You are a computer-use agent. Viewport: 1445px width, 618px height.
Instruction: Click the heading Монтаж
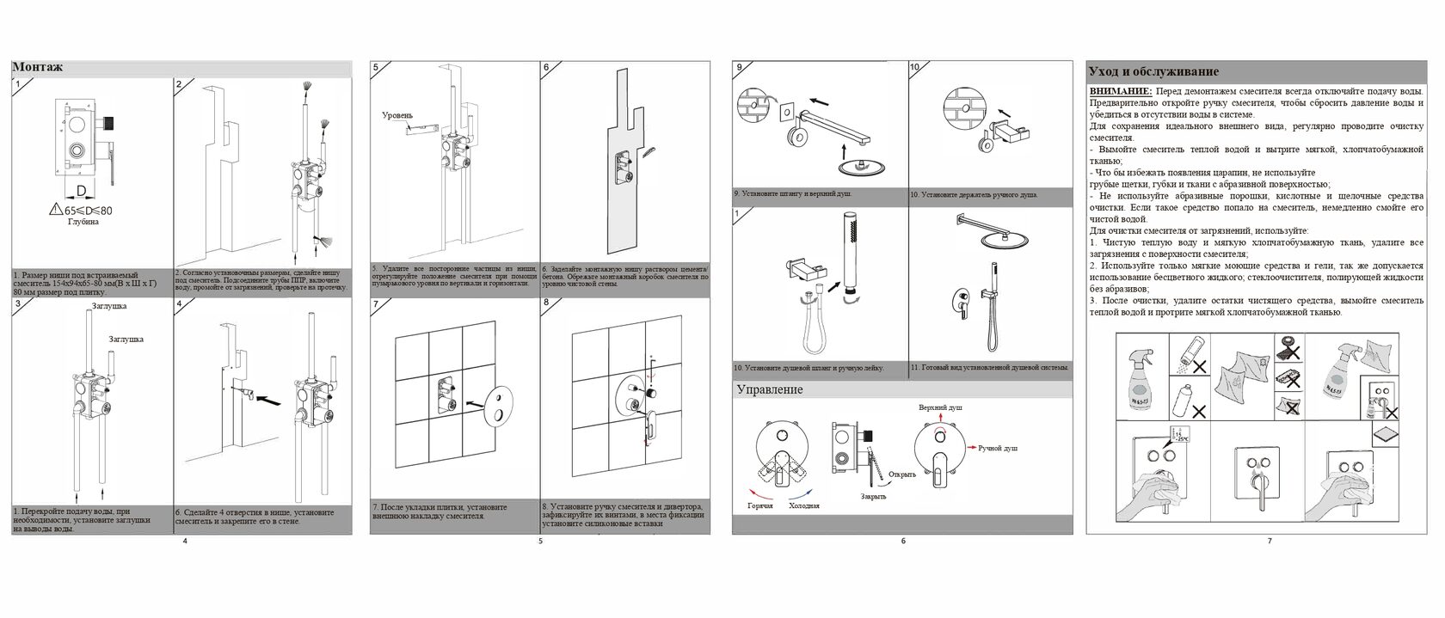38,68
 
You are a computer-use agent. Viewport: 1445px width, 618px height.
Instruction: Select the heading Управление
770,390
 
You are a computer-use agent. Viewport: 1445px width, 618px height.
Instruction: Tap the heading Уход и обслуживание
1153,72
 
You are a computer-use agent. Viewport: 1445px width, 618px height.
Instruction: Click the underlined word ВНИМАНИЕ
1121,91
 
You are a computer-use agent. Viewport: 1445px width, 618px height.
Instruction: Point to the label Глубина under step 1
83,222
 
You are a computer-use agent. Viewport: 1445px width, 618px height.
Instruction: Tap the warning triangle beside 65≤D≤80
56,209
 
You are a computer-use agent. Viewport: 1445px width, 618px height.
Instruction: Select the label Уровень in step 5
397,115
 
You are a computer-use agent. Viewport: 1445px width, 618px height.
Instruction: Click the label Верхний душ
940,407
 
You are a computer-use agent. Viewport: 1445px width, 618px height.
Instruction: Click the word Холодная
803,506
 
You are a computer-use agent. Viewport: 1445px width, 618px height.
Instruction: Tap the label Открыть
902,474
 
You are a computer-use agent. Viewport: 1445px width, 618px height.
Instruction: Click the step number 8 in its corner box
547,303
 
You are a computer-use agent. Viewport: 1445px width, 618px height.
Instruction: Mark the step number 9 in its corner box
740,67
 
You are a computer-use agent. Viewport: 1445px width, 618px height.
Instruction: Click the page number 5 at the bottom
540,541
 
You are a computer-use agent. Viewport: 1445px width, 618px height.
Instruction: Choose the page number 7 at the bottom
1269,541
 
